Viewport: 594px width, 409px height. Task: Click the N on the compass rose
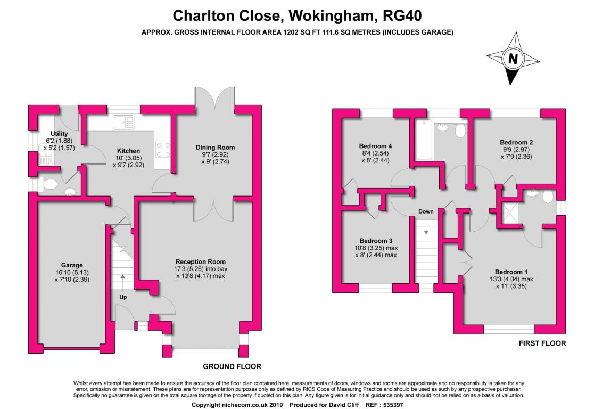click(513, 59)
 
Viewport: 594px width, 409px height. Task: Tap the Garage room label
click(72, 265)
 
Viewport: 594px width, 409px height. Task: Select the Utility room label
click(59, 134)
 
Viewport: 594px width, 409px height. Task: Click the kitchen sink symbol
click(123, 122)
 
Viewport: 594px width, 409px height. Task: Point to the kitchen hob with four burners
click(162, 149)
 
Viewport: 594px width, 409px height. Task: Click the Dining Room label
click(215, 148)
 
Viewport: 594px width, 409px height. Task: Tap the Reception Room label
click(201, 261)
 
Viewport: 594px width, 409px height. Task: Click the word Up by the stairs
click(123, 297)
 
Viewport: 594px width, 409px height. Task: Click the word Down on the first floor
click(426, 211)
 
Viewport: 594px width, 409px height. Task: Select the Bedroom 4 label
click(375, 146)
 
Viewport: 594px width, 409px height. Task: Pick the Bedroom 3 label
click(376, 241)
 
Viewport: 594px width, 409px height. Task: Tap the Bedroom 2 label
click(516, 143)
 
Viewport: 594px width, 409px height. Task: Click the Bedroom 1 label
click(511, 272)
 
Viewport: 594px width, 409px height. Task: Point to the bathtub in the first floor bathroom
click(424, 140)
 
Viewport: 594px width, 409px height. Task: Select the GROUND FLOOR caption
click(232, 366)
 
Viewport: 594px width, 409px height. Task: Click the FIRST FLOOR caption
click(542, 343)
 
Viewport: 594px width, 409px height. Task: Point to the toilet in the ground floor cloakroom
click(49, 185)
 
